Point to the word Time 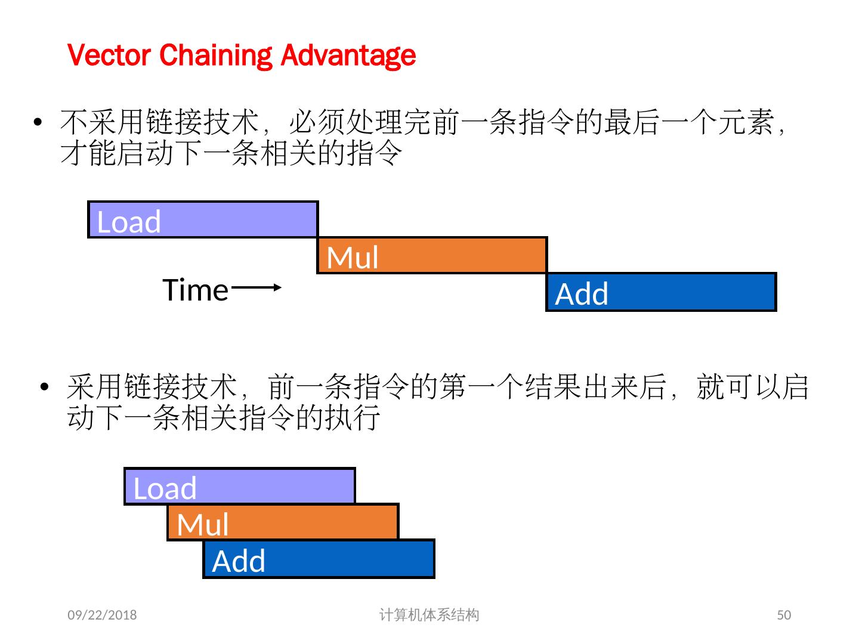click(x=196, y=290)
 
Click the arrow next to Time click(x=256, y=287)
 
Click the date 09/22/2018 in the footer click(x=102, y=615)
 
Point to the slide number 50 click(x=784, y=615)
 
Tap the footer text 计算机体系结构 click(x=429, y=615)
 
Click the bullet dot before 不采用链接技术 click(x=38, y=123)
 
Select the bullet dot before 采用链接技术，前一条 click(x=44, y=388)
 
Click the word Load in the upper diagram click(x=129, y=222)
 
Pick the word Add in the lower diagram click(x=239, y=561)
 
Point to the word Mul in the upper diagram click(x=353, y=258)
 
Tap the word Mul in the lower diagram click(x=203, y=525)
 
